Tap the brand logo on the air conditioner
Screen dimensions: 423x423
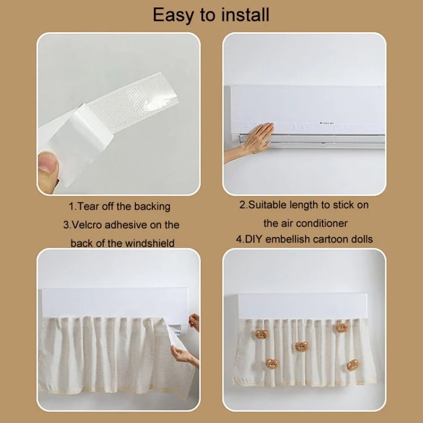[x=327, y=123]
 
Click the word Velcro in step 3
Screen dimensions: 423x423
[x=87, y=224]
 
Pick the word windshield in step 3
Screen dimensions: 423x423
[x=149, y=243]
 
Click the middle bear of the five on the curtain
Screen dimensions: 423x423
[x=301, y=346]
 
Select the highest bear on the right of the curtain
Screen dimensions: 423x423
[x=342, y=328]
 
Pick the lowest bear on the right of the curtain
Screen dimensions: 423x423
[x=353, y=365]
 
